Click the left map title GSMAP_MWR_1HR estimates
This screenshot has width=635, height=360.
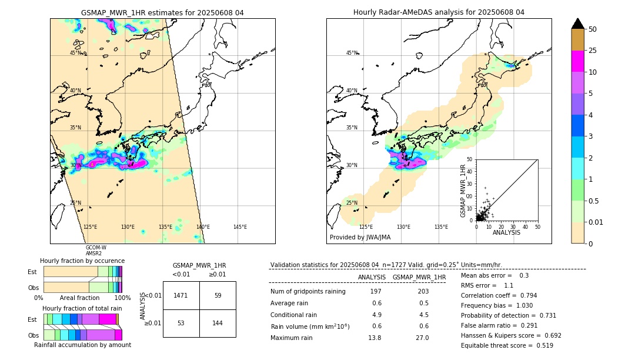click(162, 12)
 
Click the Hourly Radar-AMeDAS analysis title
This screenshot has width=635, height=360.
click(439, 12)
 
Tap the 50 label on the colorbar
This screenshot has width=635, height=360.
click(593, 29)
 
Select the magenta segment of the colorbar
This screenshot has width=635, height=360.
click(577, 61)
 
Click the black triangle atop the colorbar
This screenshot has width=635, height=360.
click(577, 24)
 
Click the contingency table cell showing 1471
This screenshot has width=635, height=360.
click(181, 295)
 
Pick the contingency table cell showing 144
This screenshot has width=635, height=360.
click(218, 323)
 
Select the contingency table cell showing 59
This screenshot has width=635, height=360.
click(218, 295)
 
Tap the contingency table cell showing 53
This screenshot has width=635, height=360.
click(181, 323)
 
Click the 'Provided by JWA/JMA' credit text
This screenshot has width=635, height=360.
click(360, 238)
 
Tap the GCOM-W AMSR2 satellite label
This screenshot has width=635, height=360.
click(96, 251)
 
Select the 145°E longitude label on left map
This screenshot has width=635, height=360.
click(240, 227)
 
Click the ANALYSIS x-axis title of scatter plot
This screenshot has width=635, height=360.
click(506, 232)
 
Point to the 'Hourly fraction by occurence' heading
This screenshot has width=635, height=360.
click(82, 261)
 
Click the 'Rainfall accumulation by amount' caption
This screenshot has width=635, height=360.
click(82, 345)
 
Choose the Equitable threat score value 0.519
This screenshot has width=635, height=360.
click(540, 345)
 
